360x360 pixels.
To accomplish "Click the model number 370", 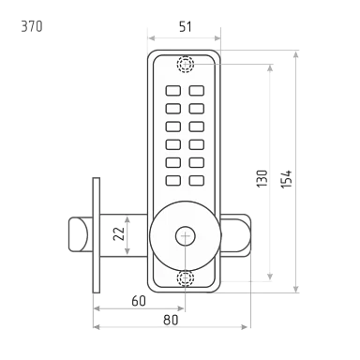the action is (32, 26).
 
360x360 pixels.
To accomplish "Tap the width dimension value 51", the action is (186, 26).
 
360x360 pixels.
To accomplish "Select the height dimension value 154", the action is (286, 179).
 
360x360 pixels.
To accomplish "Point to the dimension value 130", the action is (262, 178).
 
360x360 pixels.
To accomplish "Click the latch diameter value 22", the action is (119, 233).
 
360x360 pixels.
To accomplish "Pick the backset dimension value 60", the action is (139, 301).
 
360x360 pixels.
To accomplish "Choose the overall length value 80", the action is (171, 320).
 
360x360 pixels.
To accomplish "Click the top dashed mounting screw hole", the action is (186, 65).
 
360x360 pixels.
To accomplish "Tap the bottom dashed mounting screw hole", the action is (186, 278).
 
